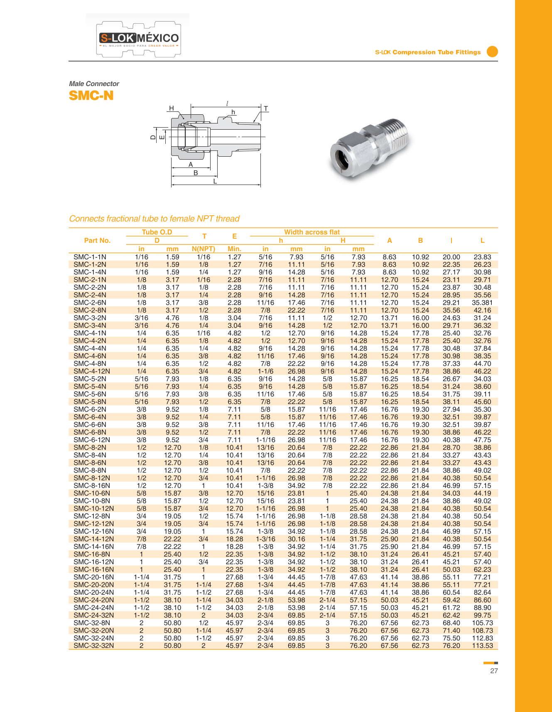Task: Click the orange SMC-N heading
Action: click(x=91, y=96)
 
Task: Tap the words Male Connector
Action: click(x=94, y=84)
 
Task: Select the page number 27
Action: click(x=494, y=671)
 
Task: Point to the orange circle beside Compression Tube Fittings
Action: click(x=492, y=52)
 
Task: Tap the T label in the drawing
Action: click(x=266, y=109)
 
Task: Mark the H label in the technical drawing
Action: click(x=171, y=108)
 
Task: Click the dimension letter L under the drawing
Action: click(x=215, y=182)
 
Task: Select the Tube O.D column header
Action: click(x=157, y=232)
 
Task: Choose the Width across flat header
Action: click(x=312, y=232)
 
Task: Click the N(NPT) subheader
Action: click(x=204, y=249)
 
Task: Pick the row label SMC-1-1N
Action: click(x=90, y=257)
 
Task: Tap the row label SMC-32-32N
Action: click(x=93, y=645)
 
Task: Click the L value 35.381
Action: click(x=482, y=303)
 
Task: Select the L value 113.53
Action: click(x=482, y=645)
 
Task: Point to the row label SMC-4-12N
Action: click(x=92, y=371)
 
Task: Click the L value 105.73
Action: click(x=482, y=623)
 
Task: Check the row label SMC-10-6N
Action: click(x=92, y=493)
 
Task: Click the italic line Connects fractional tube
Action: click(x=154, y=219)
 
